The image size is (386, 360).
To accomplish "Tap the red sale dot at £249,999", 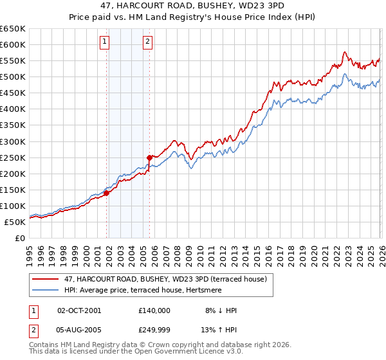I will pos(149,157).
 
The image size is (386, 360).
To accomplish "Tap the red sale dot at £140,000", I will pos(106,193).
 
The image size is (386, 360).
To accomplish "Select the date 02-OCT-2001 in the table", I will pos(79,310).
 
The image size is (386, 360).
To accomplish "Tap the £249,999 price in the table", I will pos(154,331).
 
